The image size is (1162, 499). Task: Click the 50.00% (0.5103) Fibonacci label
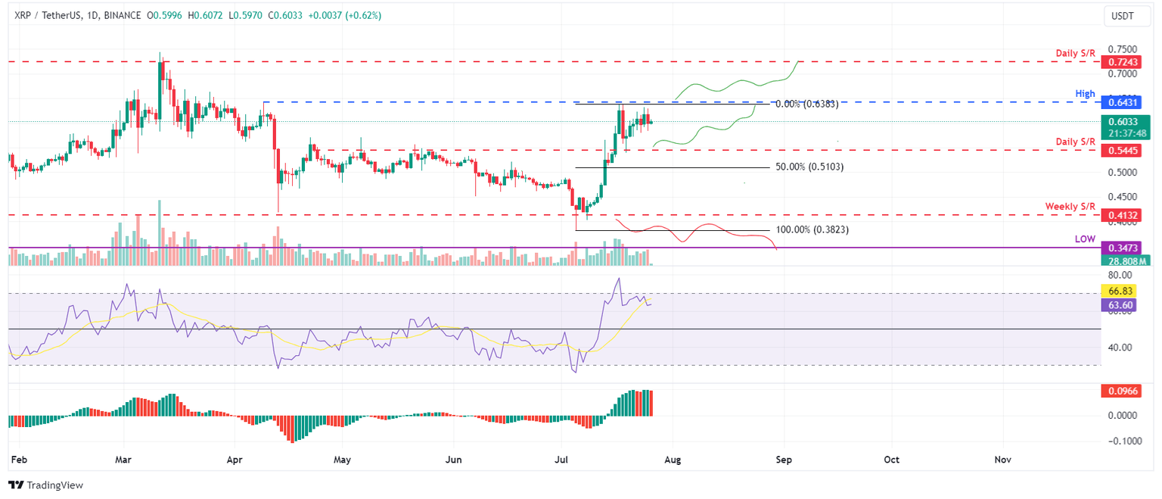coord(809,167)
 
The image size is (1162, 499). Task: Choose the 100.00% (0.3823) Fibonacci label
coord(812,229)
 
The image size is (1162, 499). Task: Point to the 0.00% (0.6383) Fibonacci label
coord(806,104)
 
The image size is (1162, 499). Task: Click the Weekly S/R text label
coord(1070,206)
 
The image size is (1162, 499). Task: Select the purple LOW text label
coord(1086,239)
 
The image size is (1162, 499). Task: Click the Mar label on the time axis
coord(123,460)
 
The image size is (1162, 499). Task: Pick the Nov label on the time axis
coord(1003,460)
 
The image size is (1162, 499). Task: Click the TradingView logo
coord(45,485)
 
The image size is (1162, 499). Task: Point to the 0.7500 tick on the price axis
coord(1122,48)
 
